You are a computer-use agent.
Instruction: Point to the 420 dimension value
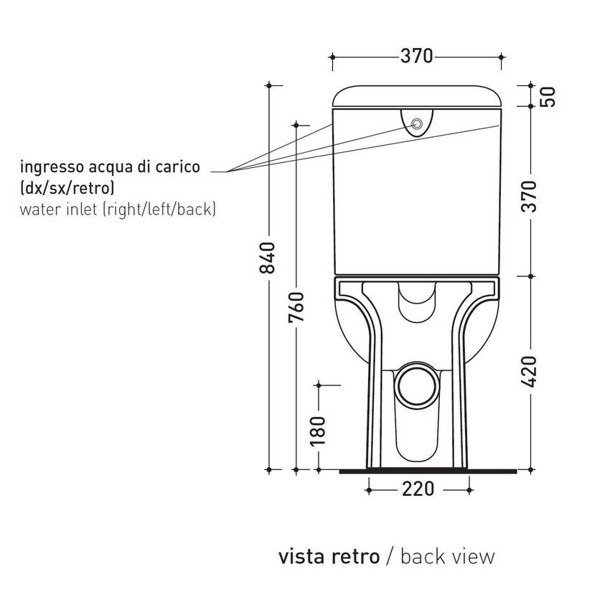click(x=530, y=371)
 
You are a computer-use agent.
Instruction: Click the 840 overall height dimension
click(x=268, y=258)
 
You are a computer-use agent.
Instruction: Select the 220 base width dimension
click(x=418, y=489)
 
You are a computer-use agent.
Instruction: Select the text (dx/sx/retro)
click(x=67, y=189)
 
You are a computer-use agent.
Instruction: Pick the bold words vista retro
click(x=328, y=556)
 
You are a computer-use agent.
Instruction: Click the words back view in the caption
click(x=447, y=556)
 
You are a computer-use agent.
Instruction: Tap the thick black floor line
click(x=427, y=471)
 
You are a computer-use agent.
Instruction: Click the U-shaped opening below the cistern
click(x=417, y=300)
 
